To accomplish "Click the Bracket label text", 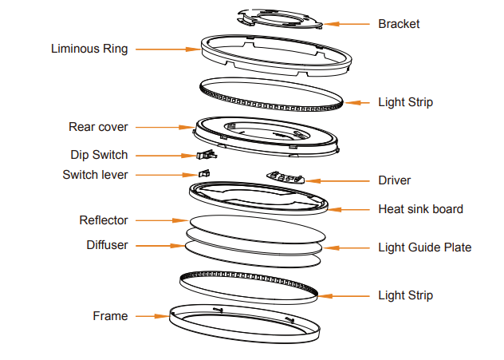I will (x=399, y=24).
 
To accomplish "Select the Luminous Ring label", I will (x=89, y=49).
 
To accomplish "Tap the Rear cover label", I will (x=98, y=127).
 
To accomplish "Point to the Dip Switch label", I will (x=97, y=155).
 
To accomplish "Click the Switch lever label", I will (x=95, y=174).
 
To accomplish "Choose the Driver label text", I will (x=394, y=180).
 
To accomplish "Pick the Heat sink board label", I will (x=420, y=209).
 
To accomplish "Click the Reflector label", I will (x=104, y=220).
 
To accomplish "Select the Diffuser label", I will (x=107, y=245).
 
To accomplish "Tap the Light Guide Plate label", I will (x=424, y=247).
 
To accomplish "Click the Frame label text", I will (x=110, y=316).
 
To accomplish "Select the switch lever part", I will (x=204, y=172).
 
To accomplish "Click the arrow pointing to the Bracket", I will (x=348, y=24).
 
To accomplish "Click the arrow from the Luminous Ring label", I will (x=167, y=49).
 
